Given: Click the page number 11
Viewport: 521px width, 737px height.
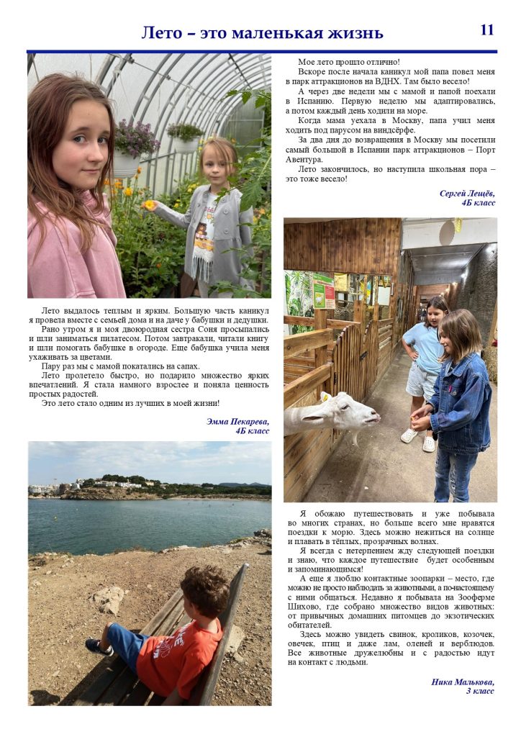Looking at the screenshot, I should coord(487,30).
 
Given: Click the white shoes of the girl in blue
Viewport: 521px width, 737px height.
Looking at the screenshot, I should coord(418,438).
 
